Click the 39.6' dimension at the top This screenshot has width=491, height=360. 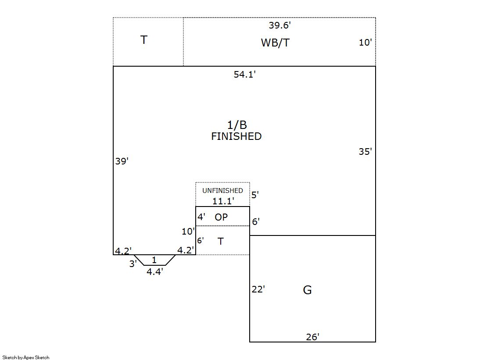280,26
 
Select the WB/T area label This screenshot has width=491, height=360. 275,43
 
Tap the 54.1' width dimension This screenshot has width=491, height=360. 244,75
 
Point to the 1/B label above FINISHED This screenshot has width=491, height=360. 237,125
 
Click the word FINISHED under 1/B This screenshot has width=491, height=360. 236,136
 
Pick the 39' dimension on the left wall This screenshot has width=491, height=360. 122,161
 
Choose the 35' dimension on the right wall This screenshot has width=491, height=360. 365,152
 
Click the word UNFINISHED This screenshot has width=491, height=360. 222,191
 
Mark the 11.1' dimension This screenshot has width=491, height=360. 223,201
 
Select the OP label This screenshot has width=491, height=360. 221,217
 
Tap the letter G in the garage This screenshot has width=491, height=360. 308,290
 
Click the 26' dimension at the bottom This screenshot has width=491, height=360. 312,337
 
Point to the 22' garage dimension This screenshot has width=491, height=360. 258,289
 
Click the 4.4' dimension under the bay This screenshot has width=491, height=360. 155,272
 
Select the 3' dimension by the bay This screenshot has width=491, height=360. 133,264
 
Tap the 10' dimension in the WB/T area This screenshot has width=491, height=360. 365,43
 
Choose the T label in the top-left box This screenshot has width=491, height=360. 144,40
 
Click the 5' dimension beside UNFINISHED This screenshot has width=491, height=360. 255,195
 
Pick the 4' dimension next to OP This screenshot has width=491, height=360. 201,217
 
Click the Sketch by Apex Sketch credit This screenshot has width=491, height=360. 26,358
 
